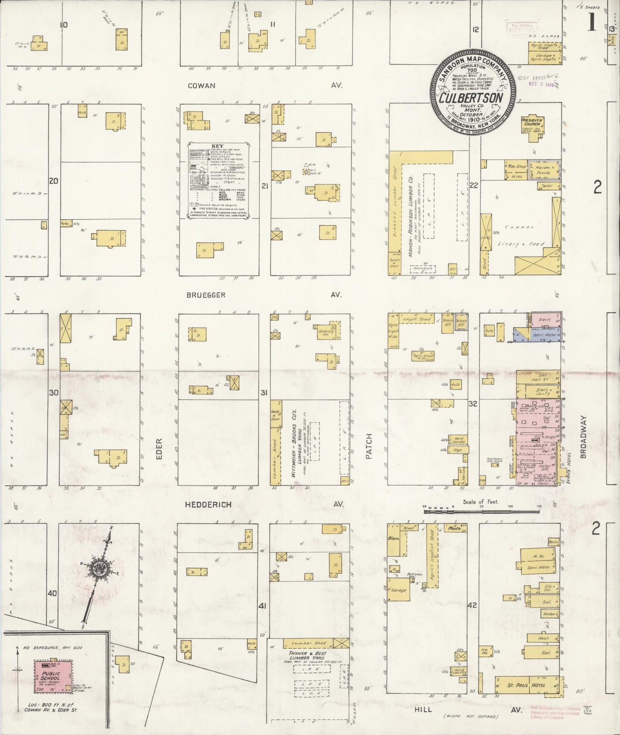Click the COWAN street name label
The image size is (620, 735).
201,85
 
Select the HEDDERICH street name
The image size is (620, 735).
208,505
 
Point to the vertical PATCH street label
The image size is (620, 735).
369,446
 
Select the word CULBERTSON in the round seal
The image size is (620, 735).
471,98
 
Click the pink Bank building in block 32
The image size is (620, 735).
545,320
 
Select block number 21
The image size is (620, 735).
265,186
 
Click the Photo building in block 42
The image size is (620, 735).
454,529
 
